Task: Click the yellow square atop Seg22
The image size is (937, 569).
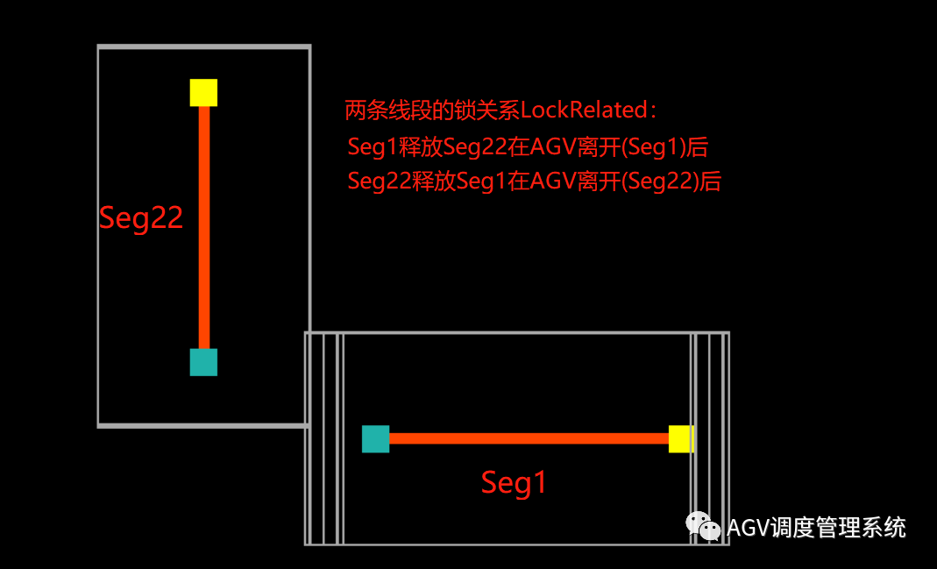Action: click(x=203, y=92)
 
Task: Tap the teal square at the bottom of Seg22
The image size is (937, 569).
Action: click(x=203, y=362)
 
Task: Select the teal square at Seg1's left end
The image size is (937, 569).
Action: click(x=375, y=438)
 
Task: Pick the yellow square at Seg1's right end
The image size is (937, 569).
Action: click(x=681, y=438)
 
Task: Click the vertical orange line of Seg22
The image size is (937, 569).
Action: click(x=204, y=228)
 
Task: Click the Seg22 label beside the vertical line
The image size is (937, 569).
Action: click(x=140, y=218)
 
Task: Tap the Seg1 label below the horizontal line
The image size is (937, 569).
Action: click(x=514, y=482)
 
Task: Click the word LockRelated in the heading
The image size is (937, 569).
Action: click(x=582, y=111)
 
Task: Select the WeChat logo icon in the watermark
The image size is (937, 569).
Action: click(x=703, y=526)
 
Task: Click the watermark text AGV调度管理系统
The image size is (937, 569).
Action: click(x=816, y=528)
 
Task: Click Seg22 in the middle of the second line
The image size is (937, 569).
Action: click(x=472, y=146)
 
